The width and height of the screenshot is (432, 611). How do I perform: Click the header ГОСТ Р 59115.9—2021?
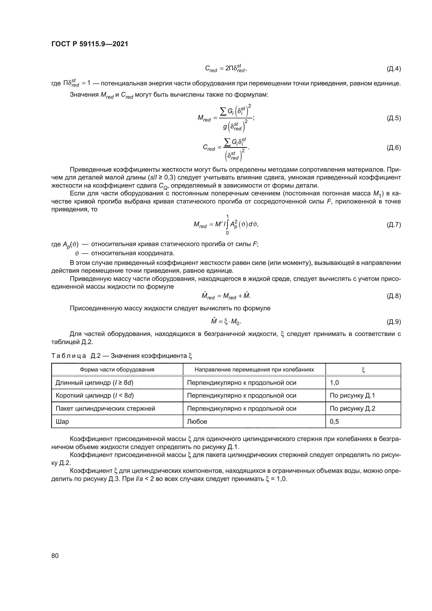click(90, 44)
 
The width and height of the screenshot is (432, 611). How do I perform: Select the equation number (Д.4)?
click(393, 69)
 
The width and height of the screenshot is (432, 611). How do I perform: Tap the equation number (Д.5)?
click(393, 118)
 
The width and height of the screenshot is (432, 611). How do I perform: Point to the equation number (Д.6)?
click(393, 148)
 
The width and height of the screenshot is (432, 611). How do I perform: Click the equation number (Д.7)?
click(393, 225)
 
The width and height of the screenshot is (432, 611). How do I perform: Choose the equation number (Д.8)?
click(393, 296)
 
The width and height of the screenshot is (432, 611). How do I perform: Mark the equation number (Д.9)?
click(393, 322)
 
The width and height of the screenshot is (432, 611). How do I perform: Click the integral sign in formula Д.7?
click(227, 225)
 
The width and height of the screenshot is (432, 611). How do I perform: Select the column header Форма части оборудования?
click(117, 370)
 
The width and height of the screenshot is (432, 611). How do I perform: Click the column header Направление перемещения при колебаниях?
click(254, 370)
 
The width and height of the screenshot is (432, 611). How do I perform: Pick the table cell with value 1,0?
click(334, 383)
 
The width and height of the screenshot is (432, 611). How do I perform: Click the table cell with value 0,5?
click(334, 422)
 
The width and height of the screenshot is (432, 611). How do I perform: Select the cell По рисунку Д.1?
click(352, 395)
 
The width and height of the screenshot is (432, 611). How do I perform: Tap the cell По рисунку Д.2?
click(352, 409)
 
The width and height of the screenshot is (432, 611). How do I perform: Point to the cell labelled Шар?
click(62, 422)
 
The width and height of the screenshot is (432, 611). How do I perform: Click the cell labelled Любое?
click(197, 422)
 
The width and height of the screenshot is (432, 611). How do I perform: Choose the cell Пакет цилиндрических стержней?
click(105, 409)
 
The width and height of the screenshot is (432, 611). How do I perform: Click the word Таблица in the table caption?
click(68, 356)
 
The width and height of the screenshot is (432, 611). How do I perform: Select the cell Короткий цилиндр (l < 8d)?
click(95, 395)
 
